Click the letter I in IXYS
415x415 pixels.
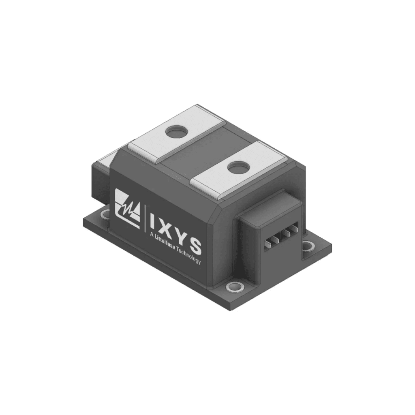[151, 221]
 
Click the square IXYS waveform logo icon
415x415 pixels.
[127, 205]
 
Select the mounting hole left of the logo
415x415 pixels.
[106, 214]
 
